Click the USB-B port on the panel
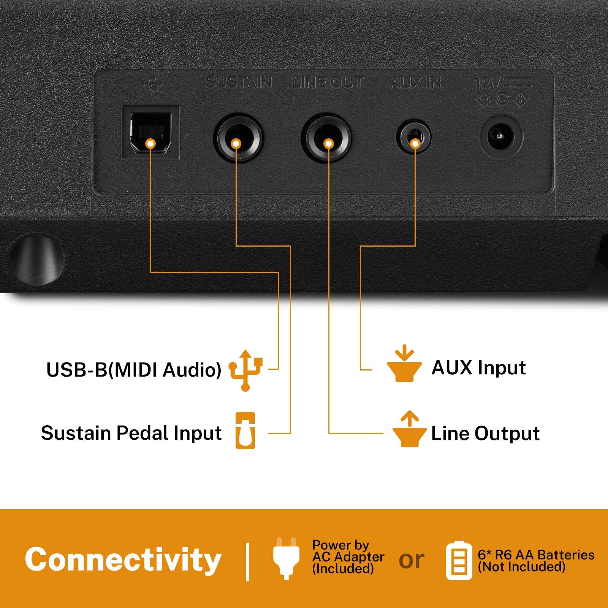[x=150, y=132]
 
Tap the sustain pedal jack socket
[x=238, y=138]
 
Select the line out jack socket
[x=326, y=138]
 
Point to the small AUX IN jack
[x=414, y=137]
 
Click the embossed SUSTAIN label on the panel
[x=239, y=82]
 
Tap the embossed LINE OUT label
[x=328, y=82]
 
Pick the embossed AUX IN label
[x=416, y=82]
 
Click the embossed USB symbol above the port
[x=151, y=84]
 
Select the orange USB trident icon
[x=245, y=370]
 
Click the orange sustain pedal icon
[x=245, y=431]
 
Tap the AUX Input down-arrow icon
[x=404, y=363]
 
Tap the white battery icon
[x=459, y=561]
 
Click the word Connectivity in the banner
[x=123, y=559]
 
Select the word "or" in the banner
[x=412, y=561]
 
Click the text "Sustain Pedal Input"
[x=131, y=433]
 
